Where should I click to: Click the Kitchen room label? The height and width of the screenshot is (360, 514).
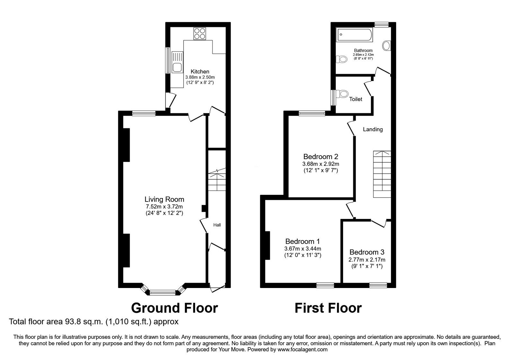[x=200, y=71]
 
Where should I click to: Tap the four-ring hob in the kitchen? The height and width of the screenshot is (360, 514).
[x=199, y=33]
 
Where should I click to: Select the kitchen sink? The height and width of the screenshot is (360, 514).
[x=176, y=67]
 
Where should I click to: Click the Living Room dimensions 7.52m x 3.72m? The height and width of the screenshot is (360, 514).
[x=164, y=207]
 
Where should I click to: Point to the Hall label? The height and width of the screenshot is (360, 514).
[x=217, y=225]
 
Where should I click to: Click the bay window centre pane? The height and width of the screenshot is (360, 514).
[x=163, y=292]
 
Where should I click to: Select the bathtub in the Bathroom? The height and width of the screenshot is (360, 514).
[x=354, y=35]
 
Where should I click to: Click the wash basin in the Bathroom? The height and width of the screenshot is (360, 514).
[x=386, y=46]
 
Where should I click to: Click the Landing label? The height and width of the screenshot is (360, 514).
[x=373, y=129]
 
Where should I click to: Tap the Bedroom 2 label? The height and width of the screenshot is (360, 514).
[x=321, y=157]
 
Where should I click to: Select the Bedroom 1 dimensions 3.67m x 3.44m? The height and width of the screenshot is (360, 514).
[x=303, y=248]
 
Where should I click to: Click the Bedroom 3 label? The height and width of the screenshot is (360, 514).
[x=367, y=252]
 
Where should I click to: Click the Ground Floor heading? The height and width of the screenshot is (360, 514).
[x=174, y=308]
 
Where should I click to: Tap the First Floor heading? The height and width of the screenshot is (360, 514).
[x=328, y=308]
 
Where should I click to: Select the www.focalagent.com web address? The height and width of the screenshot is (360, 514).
[x=302, y=349]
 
